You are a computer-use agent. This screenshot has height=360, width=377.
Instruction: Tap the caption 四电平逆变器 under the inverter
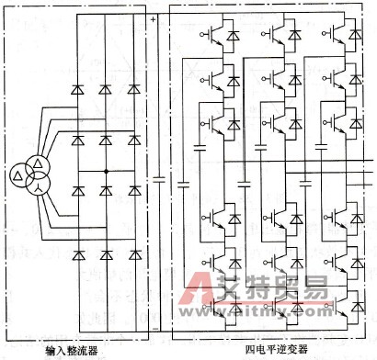coord(274,350)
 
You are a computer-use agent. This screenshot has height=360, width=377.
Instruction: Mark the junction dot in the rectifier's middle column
coord(107,173)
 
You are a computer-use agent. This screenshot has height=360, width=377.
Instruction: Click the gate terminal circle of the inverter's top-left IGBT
coord(200,34)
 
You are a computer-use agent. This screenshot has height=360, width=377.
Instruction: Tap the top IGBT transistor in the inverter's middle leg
coord(276,35)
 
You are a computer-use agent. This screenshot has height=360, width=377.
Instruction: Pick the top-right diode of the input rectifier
coord(135,89)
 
